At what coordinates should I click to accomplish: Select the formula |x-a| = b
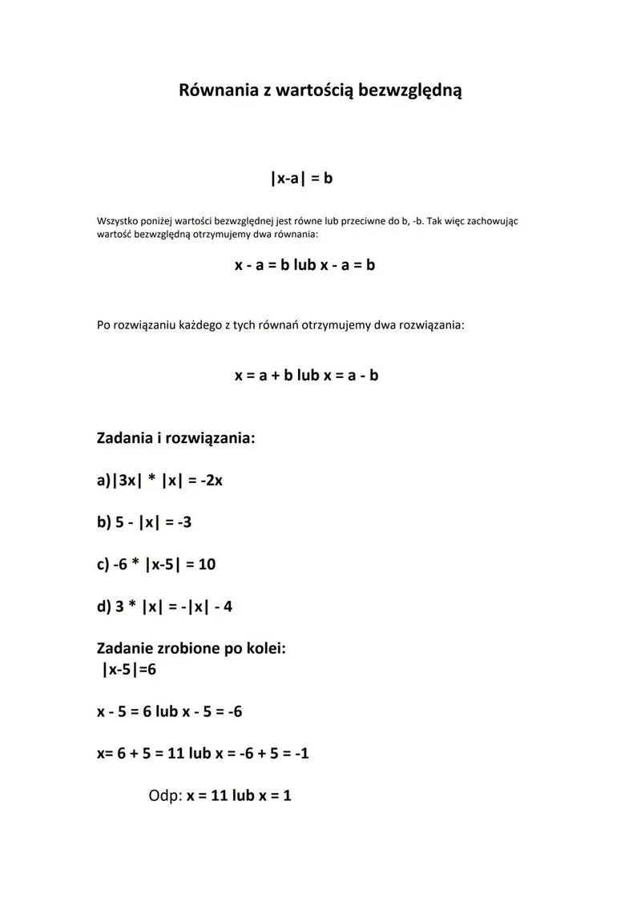coord(301,178)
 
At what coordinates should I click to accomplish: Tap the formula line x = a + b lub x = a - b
coord(306,375)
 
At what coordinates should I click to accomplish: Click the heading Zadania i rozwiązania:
coord(175,438)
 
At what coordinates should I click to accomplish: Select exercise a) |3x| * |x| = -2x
coord(159,481)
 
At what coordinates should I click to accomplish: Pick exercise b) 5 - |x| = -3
coord(144,522)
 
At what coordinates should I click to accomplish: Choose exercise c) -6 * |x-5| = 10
coord(156,564)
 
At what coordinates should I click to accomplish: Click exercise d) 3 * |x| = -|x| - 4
coord(164,606)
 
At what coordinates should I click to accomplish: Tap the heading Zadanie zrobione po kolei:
coord(191,648)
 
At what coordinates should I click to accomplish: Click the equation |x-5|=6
coord(129,669)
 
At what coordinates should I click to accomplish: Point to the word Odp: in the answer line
coord(165,796)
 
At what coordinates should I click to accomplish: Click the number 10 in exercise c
coord(207,564)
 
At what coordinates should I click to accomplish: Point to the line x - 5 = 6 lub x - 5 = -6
coord(169,711)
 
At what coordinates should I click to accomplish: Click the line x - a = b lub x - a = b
coord(304,265)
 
